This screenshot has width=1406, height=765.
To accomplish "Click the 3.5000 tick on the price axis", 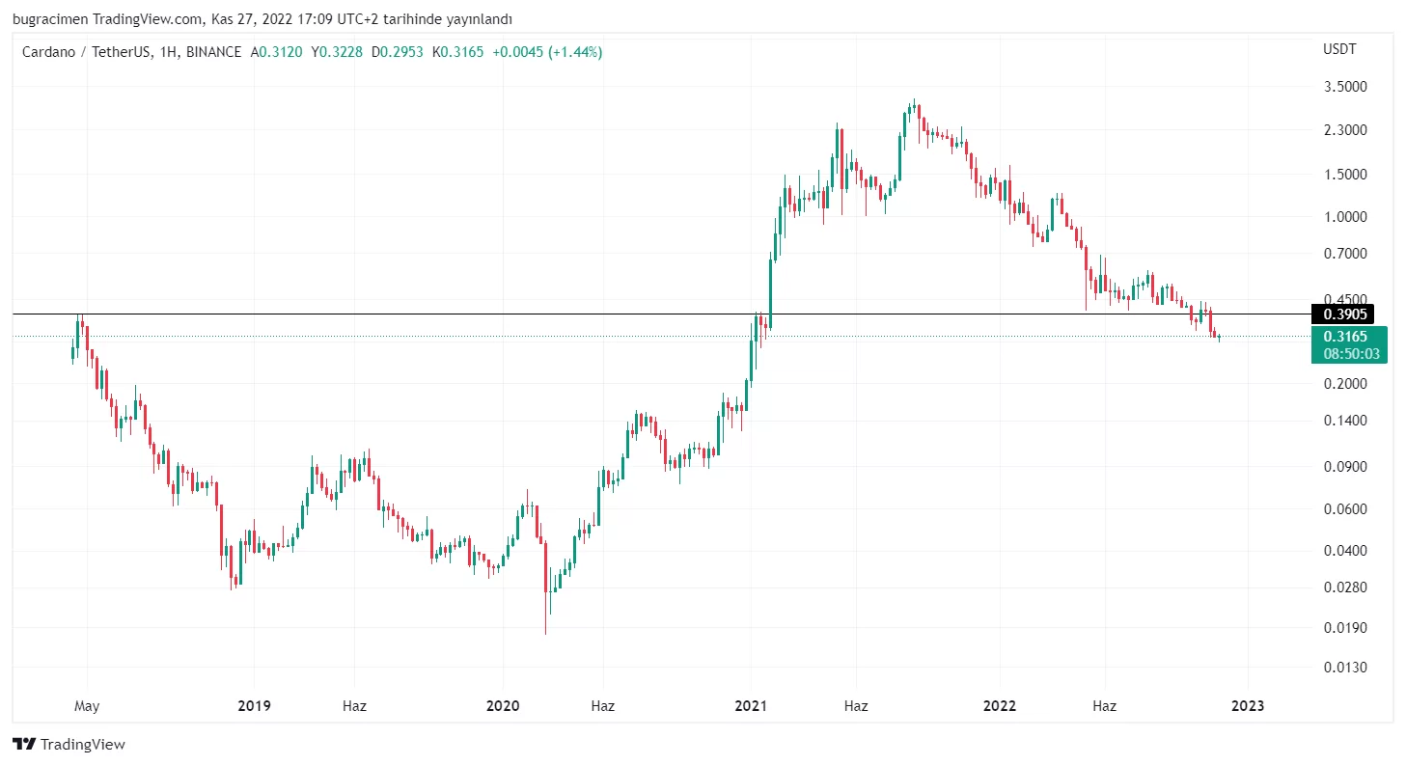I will pos(1345,87).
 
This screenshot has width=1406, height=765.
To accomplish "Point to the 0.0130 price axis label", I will pos(1345,668).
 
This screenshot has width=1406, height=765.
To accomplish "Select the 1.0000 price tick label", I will pos(1345,217).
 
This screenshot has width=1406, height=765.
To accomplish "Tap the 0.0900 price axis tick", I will pos(1345,467).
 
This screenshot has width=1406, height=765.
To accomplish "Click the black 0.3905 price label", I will pos(1345,314).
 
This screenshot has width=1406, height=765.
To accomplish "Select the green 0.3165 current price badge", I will pos(1345,337).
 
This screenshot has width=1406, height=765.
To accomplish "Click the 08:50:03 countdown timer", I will pos(1351,354).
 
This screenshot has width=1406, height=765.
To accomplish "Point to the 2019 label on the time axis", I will pos(254,706).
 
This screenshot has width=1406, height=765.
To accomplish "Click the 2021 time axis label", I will pos(751,706).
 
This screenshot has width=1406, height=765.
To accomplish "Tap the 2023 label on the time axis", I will pos(1247,706).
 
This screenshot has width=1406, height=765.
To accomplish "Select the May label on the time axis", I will pos(87,706).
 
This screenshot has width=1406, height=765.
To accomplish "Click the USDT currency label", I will pos(1338,48).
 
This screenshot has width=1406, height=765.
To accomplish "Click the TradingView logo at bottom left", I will pos(69,745).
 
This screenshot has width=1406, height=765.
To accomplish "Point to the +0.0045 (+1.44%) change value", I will pos(547,52).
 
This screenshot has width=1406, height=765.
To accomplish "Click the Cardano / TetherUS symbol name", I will pos(86,52).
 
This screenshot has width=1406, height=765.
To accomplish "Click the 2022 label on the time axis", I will pos(1000,706).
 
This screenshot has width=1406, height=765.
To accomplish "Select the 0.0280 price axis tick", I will pos(1345,587).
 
